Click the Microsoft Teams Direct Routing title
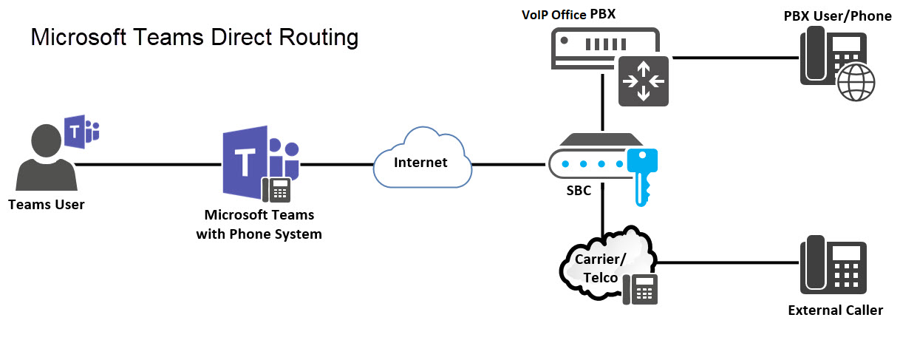pos(194,37)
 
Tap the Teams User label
pos(47,205)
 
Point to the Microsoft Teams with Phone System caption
pos(259,225)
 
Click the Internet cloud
pos(421,162)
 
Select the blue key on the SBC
pos(641,174)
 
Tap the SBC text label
pos(579,191)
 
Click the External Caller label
pos(835,310)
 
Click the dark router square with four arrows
pos(643,80)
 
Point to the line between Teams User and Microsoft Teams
pos(148,164)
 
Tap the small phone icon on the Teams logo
pos(278,190)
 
